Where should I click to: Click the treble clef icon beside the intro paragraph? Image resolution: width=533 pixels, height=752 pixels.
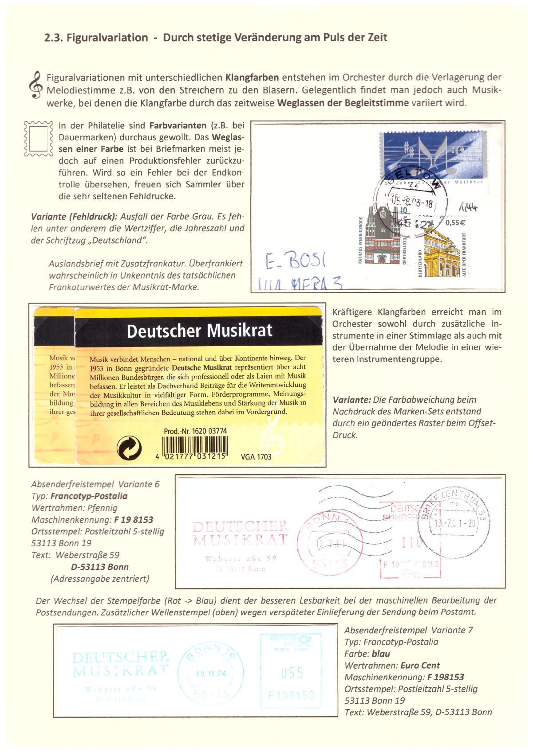pos(36,85)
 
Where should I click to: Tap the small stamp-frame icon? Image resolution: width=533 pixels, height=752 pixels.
pos(38,139)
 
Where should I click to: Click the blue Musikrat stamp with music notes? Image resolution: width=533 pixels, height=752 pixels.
pos(433,158)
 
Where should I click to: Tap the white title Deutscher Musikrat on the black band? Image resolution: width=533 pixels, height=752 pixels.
pos(199,331)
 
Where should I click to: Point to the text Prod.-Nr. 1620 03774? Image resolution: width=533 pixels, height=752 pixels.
pos(195,431)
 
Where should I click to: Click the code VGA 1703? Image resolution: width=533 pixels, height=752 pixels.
pos(256,457)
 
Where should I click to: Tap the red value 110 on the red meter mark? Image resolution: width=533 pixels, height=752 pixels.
pos(411,542)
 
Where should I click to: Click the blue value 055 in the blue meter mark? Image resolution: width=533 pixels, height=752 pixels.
pos(292,673)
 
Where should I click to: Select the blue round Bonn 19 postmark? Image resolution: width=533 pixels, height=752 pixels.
pos(211,673)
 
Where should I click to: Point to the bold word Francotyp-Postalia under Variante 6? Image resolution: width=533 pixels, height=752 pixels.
pos(89,496)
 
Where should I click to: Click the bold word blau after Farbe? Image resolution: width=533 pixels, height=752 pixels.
pos(381,654)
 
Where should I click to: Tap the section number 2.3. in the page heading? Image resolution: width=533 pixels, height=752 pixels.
pos(54,38)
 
